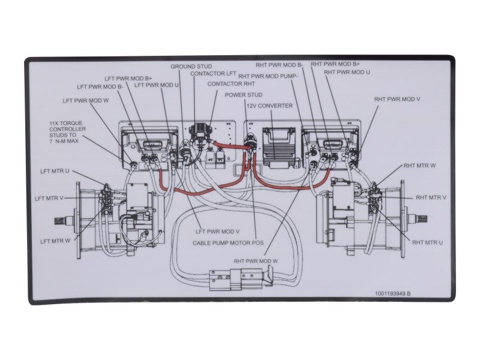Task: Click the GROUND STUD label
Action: (x=191, y=67)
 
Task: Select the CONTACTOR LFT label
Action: (x=214, y=74)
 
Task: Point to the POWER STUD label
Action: (x=244, y=95)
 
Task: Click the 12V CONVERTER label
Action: (x=269, y=106)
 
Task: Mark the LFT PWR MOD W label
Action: (x=85, y=101)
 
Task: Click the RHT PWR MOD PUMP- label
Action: (x=268, y=76)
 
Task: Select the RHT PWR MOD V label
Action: (x=397, y=99)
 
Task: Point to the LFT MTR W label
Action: (x=55, y=241)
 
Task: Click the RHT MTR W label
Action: (x=419, y=165)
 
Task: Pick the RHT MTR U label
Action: (x=427, y=242)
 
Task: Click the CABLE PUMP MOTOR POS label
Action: (x=224, y=243)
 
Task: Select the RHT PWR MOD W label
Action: (x=256, y=261)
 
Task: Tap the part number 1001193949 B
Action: (x=392, y=293)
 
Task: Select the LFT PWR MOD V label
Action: (x=218, y=231)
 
